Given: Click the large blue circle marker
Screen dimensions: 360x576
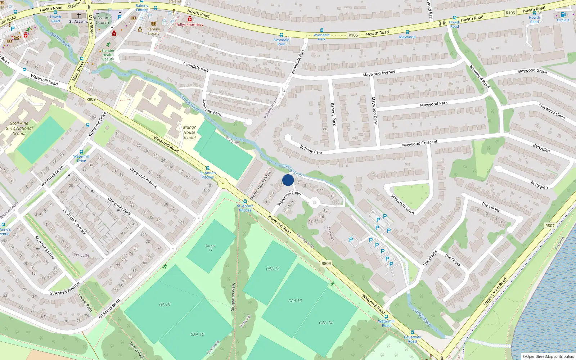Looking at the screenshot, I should point(288,180).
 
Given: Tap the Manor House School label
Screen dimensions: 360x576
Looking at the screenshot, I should point(189,132).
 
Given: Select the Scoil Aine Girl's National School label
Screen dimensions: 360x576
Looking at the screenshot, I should point(19,128).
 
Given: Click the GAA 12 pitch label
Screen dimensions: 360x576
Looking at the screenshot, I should point(273,269).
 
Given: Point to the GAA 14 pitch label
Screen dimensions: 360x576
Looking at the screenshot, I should point(325,323).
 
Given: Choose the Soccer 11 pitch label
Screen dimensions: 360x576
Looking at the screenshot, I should point(211,248).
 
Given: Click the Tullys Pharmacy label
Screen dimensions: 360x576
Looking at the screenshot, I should point(190,24).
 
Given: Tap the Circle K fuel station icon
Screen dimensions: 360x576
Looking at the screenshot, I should point(563,15).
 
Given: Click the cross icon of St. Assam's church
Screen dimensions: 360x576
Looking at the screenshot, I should point(79,15).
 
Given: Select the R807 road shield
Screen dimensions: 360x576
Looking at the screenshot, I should point(550,226).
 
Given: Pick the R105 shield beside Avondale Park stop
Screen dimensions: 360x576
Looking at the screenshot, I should point(353,35).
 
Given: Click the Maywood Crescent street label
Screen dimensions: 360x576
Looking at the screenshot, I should point(420,143).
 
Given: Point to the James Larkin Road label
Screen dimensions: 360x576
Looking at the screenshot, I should point(495,292).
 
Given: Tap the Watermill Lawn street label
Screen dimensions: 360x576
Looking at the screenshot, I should point(289,198).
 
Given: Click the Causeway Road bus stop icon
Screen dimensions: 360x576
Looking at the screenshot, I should point(413,333).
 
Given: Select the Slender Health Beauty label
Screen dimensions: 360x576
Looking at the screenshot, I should point(108,55).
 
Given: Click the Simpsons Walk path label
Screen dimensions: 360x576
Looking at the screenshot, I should point(233,297).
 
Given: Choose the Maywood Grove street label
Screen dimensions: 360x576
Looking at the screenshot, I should point(532,71).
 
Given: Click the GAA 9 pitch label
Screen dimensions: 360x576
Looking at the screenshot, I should point(165,305).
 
